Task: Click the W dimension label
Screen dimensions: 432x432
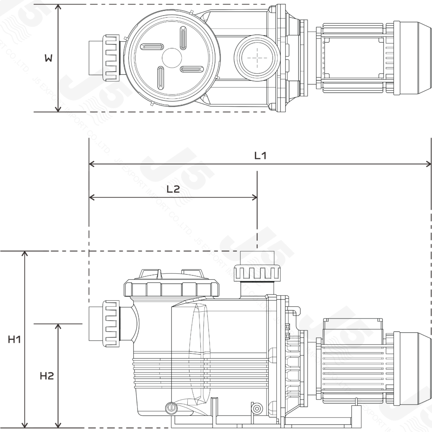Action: [49, 59]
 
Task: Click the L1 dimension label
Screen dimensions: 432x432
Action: [260, 156]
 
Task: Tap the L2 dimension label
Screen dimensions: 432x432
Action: [173, 189]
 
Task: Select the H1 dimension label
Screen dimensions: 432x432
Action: [14, 339]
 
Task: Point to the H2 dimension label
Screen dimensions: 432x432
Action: [47, 375]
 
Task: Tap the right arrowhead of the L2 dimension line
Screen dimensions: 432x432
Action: [254, 197]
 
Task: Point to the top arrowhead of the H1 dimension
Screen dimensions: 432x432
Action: [25, 254]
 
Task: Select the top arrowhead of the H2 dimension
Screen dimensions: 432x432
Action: [58, 327]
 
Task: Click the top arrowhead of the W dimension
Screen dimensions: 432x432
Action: [58, 8]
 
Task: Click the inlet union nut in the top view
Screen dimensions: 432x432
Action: [111, 58]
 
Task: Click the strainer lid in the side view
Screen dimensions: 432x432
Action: [172, 288]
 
